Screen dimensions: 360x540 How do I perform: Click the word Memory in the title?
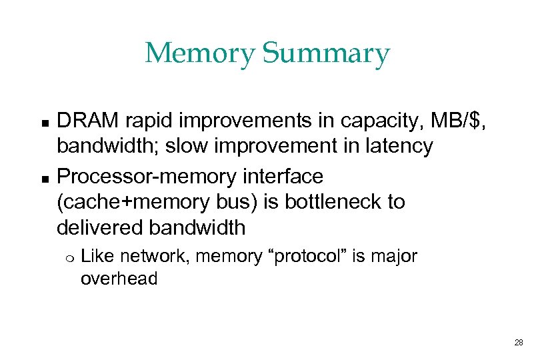point(198,53)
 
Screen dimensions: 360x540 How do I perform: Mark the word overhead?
point(119,279)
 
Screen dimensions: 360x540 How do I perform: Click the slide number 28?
point(519,343)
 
